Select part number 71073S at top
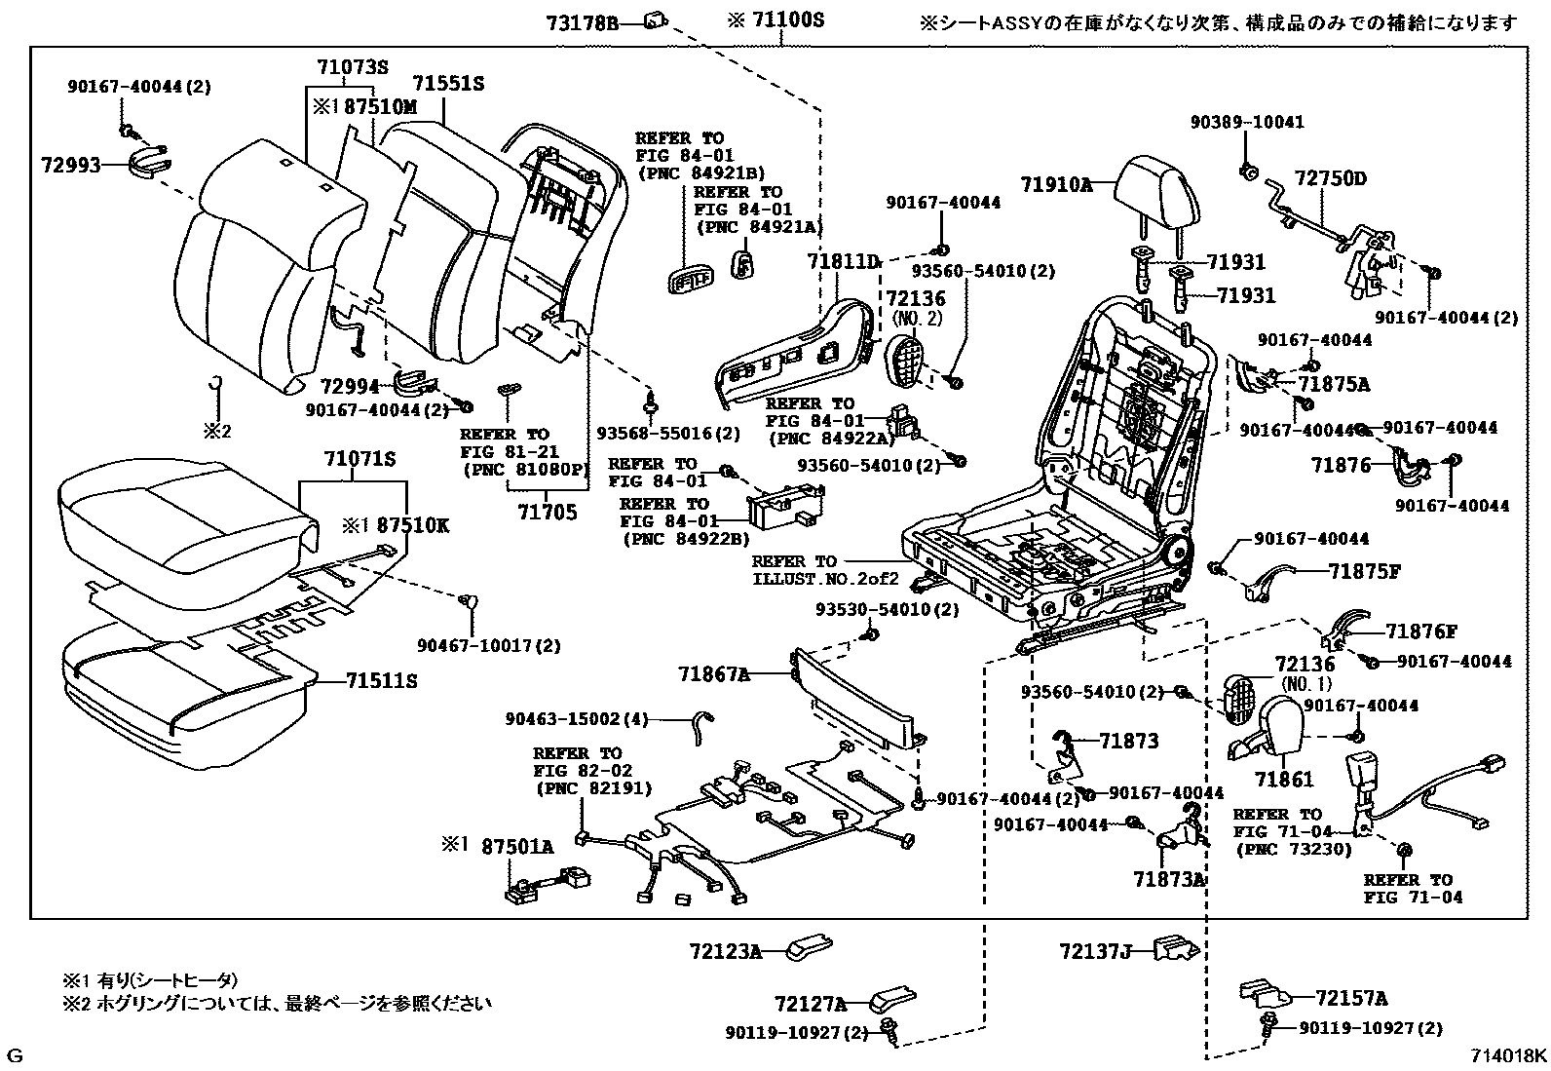pyautogui.click(x=352, y=68)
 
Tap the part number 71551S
pyautogui.click(x=447, y=85)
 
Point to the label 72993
pyautogui.click(x=71, y=167)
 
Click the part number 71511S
pyautogui.click(x=381, y=681)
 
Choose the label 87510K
pyautogui.click(x=413, y=524)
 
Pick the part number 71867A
pyautogui.click(x=714, y=673)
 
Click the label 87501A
pyautogui.click(x=517, y=848)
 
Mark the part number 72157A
pyautogui.click(x=1351, y=998)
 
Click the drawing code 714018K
pyautogui.click(x=1508, y=1056)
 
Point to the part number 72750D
pyautogui.click(x=1331, y=178)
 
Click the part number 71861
pyautogui.click(x=1284, y=780)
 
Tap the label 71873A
pyautogui.click(x=1169, y=879)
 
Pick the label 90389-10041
pyautogui.click(x=1247, y=123)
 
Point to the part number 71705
pyautogui.click(x=547, y=512)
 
